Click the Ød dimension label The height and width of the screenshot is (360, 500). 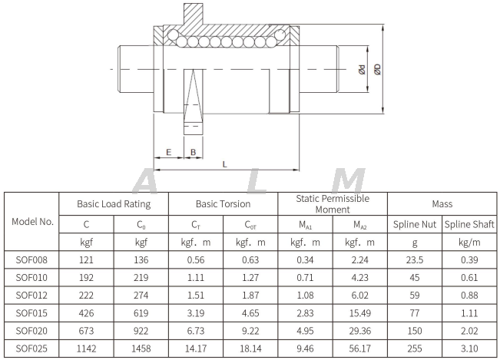pos(362,69)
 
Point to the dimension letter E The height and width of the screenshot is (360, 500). pos(168,152)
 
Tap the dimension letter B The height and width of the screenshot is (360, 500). pos(193,152)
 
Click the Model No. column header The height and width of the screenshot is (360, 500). pos(32,221)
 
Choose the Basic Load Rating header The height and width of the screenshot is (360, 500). pos(114,204)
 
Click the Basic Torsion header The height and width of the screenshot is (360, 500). pos(223,204)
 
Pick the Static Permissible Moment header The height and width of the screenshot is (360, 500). pos(333,203)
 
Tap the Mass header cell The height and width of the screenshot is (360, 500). pos(442,204)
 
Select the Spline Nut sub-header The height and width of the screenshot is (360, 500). pos(414,224)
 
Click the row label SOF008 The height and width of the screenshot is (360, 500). pos(32,259)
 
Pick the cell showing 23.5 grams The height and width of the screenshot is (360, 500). pos(414,259)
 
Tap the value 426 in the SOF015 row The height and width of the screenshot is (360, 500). pos(87,313)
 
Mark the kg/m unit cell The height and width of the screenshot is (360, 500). pos(469,242)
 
